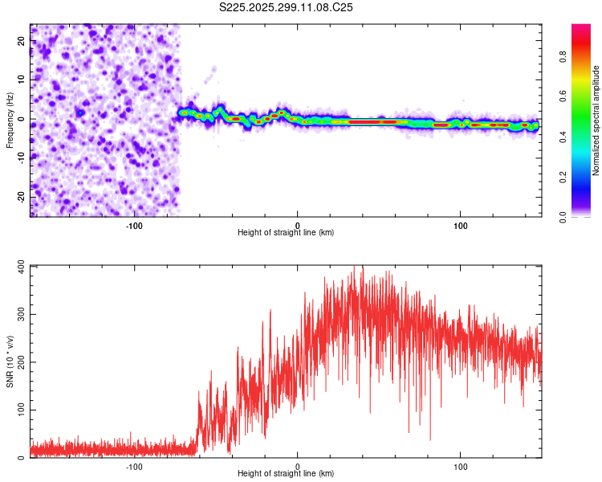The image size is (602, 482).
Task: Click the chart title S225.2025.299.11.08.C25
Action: point(287,7)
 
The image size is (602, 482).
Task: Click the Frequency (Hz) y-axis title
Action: point(10,121)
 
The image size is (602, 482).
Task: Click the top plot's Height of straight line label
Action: point(286,232)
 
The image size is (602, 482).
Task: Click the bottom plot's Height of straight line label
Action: point(286,473)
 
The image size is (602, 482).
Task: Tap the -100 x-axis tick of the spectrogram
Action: point(134,225)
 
